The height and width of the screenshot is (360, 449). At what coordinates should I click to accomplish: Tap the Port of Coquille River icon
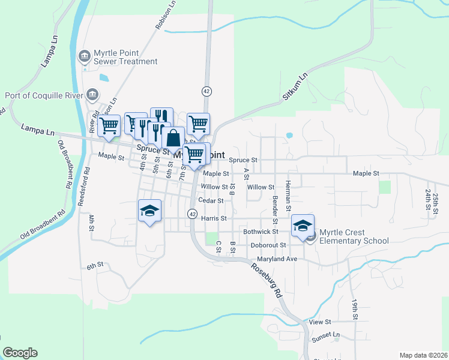pyautogui.click(x=93, y=94)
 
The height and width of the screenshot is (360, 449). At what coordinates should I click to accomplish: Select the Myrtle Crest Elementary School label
pyautogui.click(x=354, y=236)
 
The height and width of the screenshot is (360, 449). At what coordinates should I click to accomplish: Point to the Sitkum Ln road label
pyautogui.click(x=294, y=88)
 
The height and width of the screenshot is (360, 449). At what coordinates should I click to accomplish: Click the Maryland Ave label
pyautogui.click(x=277, y=259)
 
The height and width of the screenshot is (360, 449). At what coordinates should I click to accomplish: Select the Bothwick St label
pyautogui.click(x=261, y=231)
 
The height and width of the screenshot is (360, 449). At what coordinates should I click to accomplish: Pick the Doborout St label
pyautogui.click(x=268, y=245)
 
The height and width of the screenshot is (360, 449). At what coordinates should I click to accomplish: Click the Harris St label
pyautogui.click(x=214, y=218)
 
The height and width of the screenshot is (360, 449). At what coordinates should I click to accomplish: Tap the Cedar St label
pyautogui.click(x=211, y=201)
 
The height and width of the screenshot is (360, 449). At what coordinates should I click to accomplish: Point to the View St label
pyautogui.click(x=316, y=322)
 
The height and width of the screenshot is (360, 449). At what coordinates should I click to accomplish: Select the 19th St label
pyautogui.click(x=355, y=308)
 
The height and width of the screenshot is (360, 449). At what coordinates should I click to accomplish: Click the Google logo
pyautogui.click(x=20, y=353)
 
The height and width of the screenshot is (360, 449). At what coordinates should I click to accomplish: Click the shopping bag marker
pyautogui.click(x=173, y=138)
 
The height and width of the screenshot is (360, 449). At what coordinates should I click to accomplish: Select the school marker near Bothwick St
pyautogui.click(x=303, y=226)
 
